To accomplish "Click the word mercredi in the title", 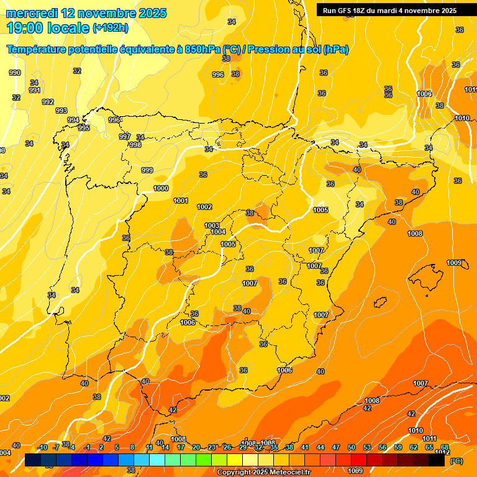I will pos(34,13).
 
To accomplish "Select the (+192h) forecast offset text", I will pos(111,28).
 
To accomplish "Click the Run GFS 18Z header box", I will pos(389,10).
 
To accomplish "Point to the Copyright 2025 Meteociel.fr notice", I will pos(263,472).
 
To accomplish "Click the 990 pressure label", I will pos(15,73).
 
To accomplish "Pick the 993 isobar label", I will pos(61,111).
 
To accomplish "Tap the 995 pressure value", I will pos(84,128).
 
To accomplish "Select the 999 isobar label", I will pos(147,170).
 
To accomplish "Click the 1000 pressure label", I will pos(161,188).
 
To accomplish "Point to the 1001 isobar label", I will pos(181,201).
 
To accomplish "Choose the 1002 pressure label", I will pos(204,207).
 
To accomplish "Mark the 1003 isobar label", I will pos(212,225).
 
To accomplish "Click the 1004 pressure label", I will pos(218,232).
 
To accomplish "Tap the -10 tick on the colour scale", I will pos(42,447).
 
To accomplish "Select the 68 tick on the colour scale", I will pos(445,447).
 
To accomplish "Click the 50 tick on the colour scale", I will pos(352,447).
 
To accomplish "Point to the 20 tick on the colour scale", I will pos(196,447).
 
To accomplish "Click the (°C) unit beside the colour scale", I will pos(457,460).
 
